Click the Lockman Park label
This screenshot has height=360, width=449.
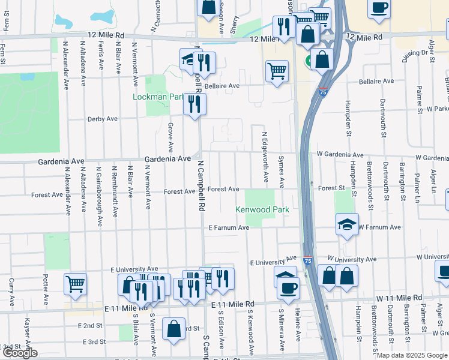[158, 96]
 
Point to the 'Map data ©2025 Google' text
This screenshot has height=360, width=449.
[412, 355]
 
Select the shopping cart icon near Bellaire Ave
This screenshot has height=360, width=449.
[277, 71]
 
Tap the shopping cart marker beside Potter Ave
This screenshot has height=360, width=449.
[75, 283]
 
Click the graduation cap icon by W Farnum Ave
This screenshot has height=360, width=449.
[348, 224]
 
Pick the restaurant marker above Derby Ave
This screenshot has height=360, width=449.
[195, 104]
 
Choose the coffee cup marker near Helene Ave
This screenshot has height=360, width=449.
[288, 287]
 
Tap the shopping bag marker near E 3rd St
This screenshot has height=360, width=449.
[173, 329]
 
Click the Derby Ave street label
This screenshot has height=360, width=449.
[103, 119]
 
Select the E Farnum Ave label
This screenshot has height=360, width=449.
[229, 228]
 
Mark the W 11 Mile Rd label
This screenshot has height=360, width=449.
[399, 298]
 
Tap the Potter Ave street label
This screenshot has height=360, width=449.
[46, 289]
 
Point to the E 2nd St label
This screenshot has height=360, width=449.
[90, 325]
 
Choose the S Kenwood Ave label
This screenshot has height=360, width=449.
[250, 332]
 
